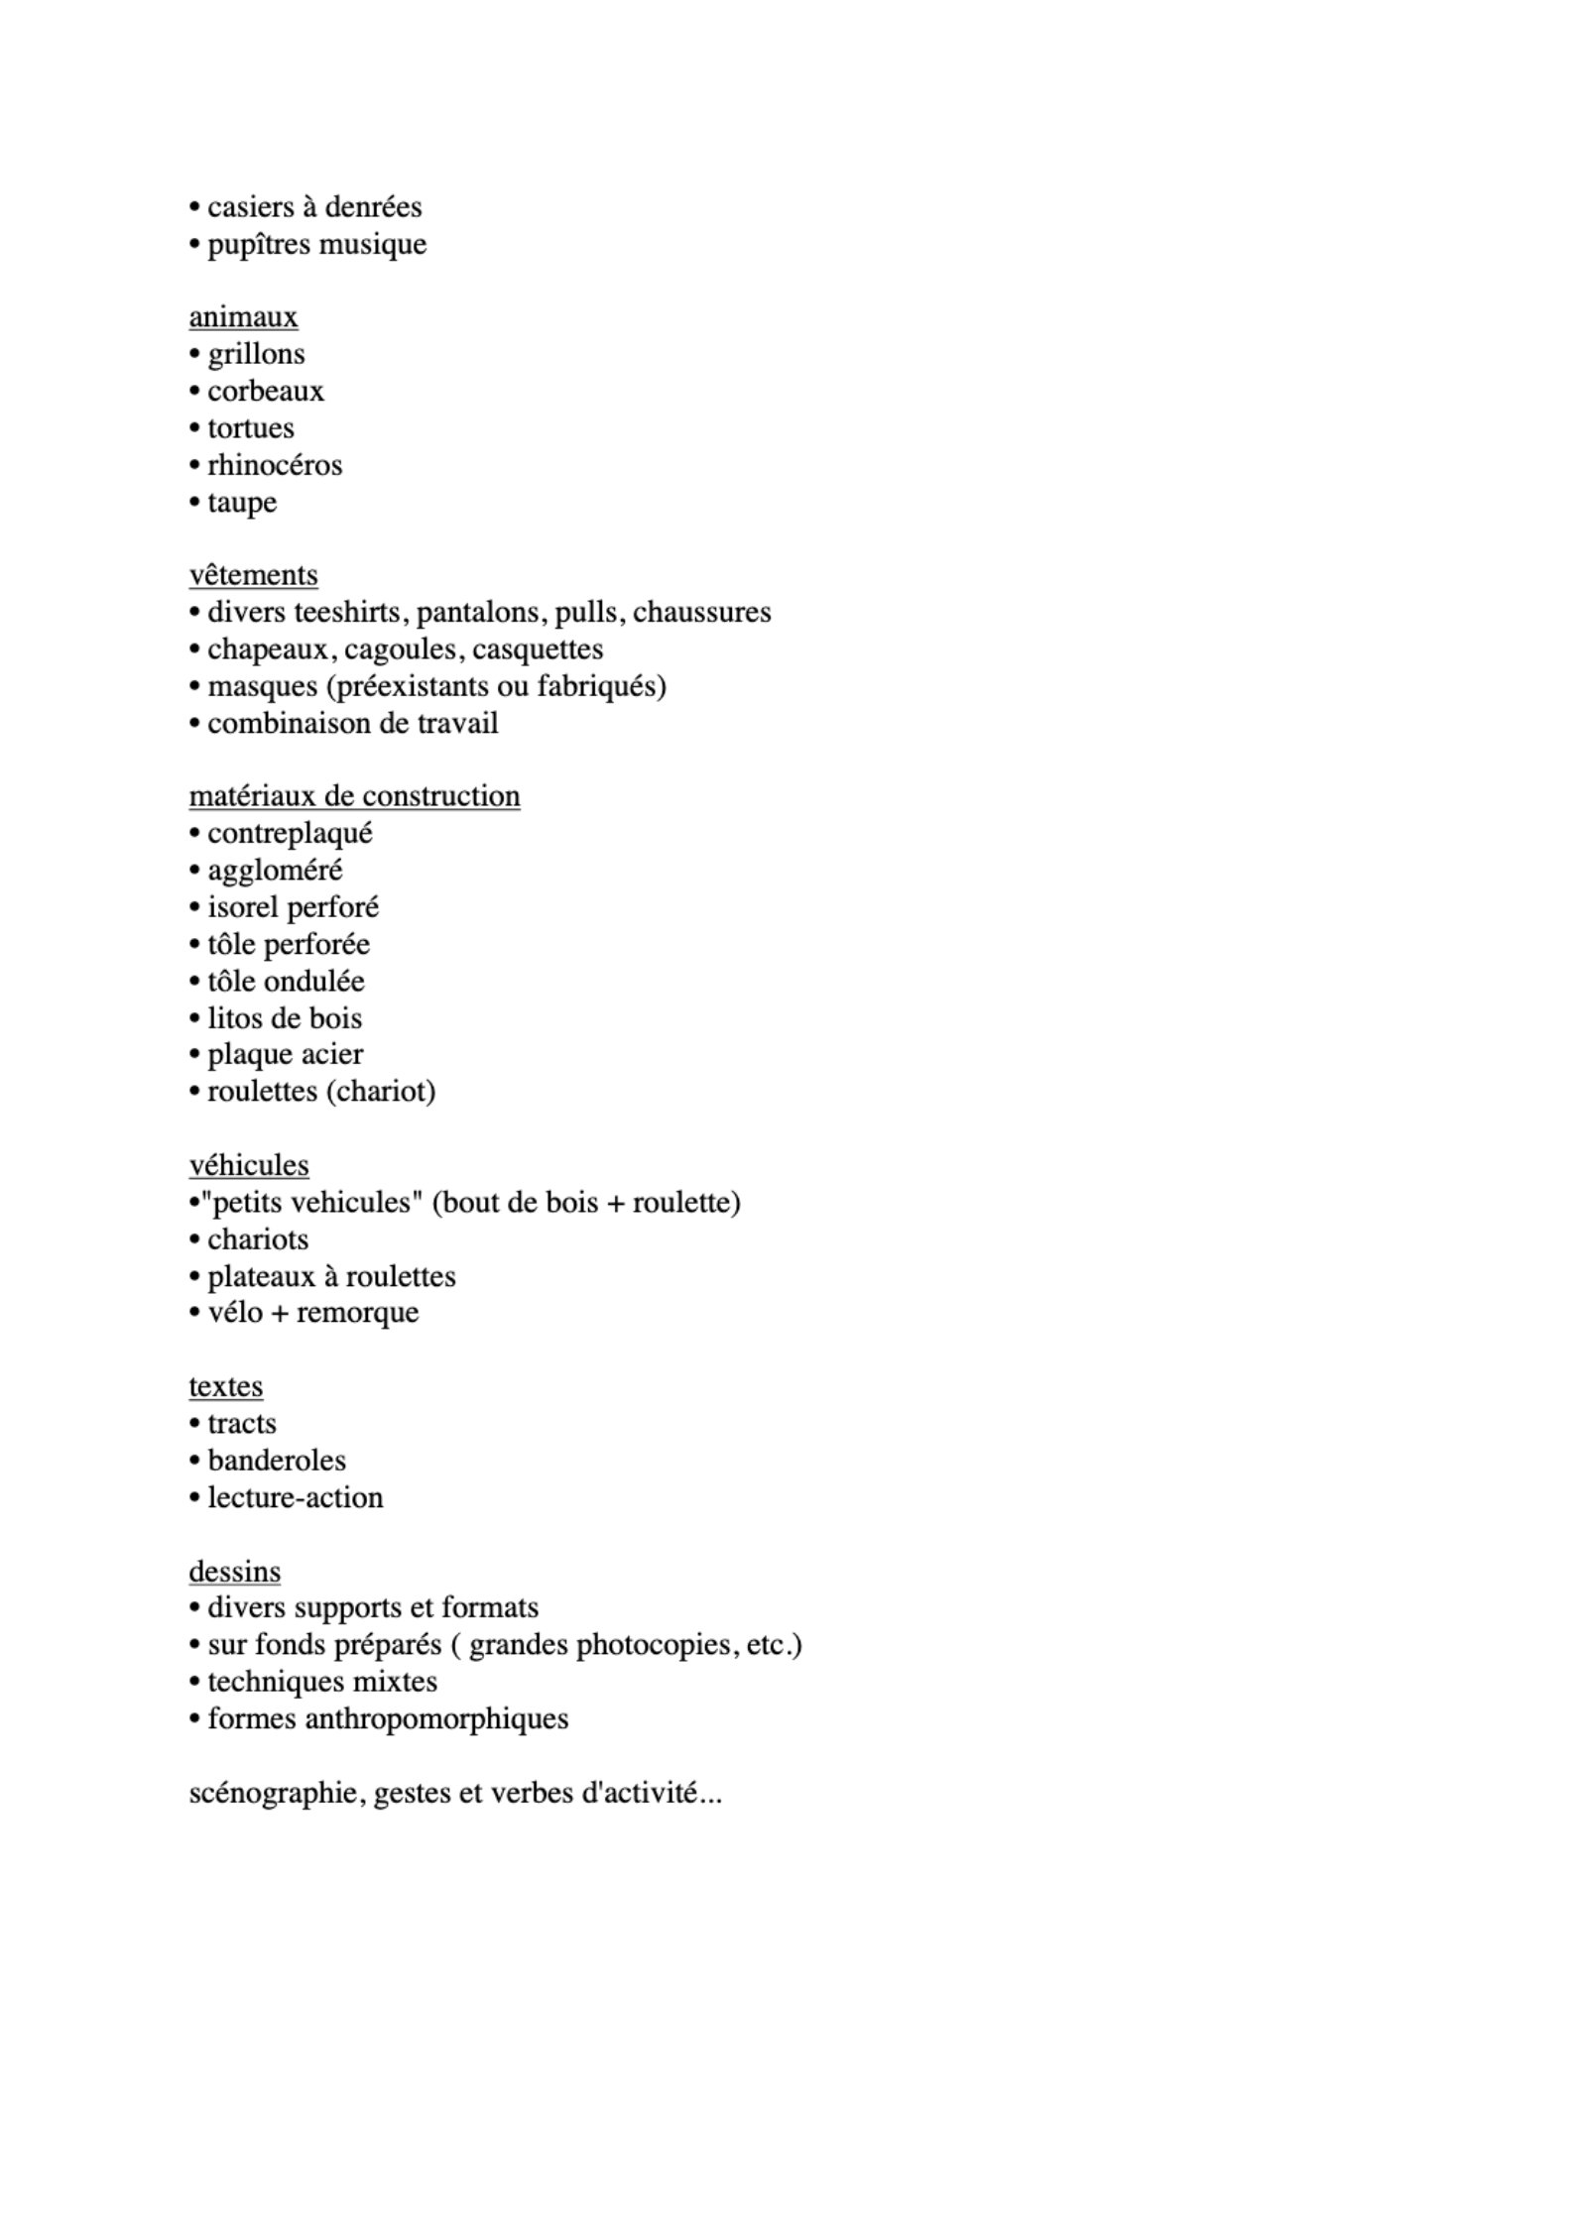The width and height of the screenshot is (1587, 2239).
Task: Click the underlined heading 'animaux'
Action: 243,317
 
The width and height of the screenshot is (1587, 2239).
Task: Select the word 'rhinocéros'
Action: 275,465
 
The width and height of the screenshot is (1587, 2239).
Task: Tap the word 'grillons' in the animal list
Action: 256,354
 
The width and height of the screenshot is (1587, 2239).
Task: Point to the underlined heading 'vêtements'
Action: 253,575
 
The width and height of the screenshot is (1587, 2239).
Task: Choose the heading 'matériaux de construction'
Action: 354,796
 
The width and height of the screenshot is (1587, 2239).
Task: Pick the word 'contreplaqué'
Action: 290,834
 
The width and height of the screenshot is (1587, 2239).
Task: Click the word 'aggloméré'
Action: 275,871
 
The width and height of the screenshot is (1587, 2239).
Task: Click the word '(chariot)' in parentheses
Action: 380,1092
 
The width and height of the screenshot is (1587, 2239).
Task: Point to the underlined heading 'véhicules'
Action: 249,1165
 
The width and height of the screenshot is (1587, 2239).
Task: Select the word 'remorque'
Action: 357,1313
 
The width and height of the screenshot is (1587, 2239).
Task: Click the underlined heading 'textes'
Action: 226,1386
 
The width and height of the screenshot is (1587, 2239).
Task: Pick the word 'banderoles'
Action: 277,1461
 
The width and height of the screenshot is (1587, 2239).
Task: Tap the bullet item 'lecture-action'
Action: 295,1497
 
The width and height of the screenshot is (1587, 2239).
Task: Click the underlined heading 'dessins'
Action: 235,1572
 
